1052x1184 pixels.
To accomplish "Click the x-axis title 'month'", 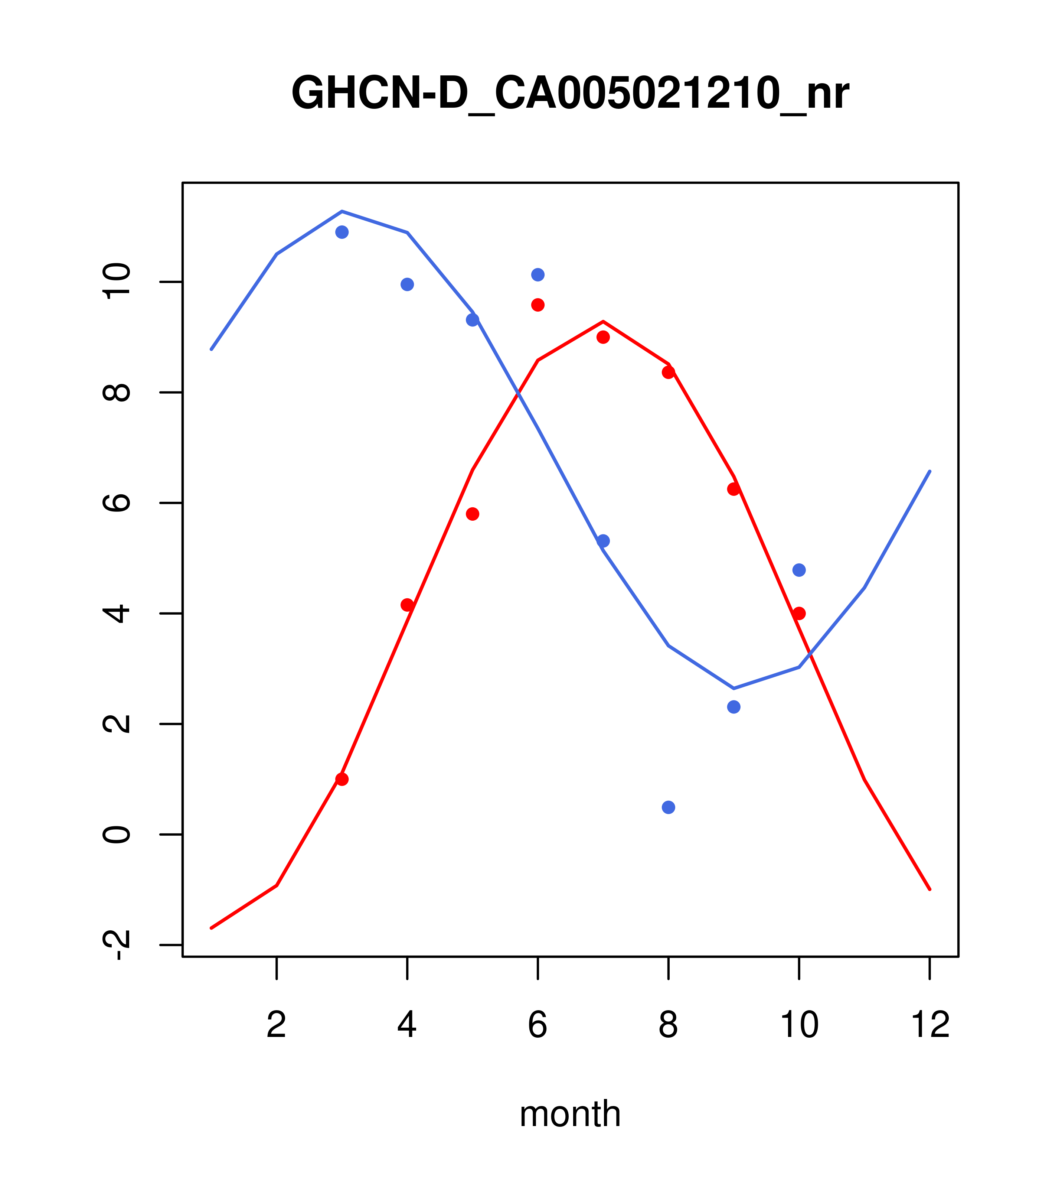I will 570,1113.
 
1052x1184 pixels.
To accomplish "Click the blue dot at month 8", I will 668,807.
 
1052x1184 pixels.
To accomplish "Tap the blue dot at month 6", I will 538,274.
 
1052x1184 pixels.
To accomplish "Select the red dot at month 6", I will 538,305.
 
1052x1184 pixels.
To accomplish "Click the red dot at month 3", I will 342,779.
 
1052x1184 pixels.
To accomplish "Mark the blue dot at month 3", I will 342,232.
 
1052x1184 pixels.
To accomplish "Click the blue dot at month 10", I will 799,570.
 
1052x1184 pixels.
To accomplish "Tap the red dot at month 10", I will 799,614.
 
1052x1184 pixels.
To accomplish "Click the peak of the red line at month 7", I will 603,322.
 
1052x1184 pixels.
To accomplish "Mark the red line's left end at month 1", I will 211,928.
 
